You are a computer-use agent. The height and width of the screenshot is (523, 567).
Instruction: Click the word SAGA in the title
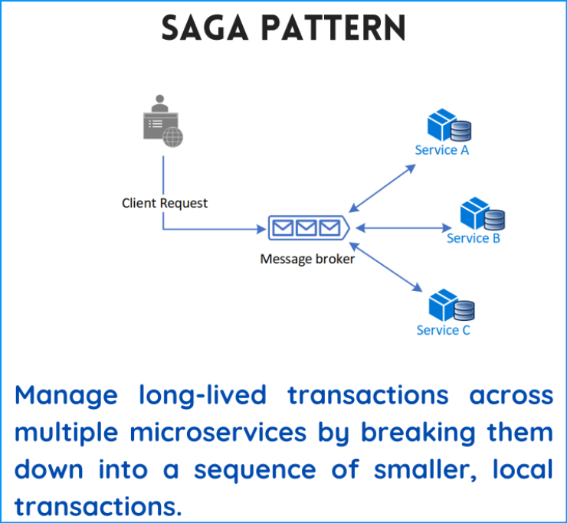(x=205, y=28)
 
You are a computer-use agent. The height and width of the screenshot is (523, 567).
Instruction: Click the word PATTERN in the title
(x=333, y=28)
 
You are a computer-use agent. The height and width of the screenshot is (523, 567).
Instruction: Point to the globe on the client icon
(x=173, y=137)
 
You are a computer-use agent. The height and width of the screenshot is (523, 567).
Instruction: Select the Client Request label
(x=165, y=203)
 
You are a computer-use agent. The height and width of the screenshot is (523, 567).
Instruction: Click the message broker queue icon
(x=309, y=228)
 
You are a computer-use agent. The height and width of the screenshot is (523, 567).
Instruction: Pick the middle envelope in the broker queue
(x=306, y=228)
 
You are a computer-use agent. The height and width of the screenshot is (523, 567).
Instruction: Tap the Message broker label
(x=307, y=259)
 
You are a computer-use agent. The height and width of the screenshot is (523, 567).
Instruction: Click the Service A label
(x=441, y=150)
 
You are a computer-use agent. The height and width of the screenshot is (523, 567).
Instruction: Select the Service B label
(x=474, y=238)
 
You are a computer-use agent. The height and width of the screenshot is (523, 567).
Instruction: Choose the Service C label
(x=444, y=330)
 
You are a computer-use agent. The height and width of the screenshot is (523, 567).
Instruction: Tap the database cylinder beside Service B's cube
(x=494, y=220)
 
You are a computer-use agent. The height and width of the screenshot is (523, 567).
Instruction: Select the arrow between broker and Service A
(x=382, y=188)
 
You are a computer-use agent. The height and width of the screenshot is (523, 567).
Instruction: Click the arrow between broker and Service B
(x=404, y=228)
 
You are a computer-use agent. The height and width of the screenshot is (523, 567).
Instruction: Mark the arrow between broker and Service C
(x=386, y=266)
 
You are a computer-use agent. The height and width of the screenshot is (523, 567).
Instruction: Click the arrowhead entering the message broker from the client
(x=261, y=229)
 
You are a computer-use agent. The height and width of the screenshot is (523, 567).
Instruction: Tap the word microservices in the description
(x=218, y=433)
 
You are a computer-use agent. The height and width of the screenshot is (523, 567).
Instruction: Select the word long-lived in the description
(x=202, y=395)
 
